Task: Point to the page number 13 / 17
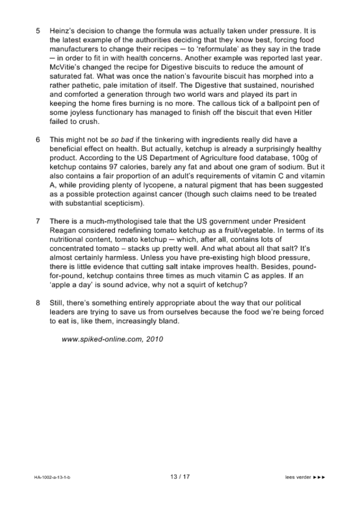pos(179,476)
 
